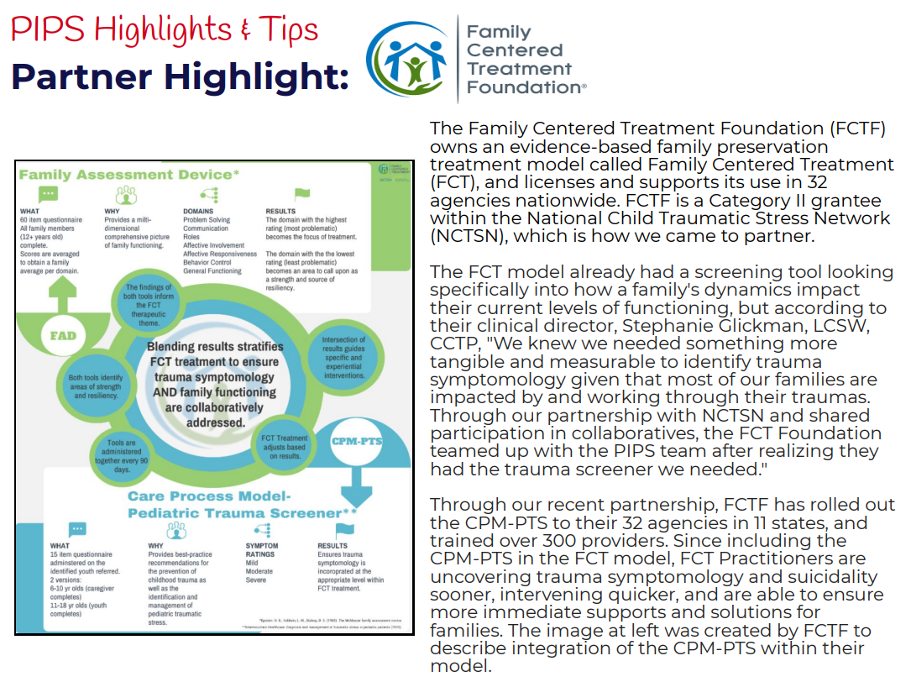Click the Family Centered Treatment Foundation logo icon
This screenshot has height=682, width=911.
(x=406, y=57)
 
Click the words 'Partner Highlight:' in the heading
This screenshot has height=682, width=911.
(x=180, y=77)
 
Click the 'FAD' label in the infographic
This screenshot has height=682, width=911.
(x=63, y=335)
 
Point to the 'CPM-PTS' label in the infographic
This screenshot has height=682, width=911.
(x=353, y=441)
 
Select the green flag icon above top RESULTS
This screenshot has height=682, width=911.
(x=301, y=195)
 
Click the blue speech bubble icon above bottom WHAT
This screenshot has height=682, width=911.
(x=77, y=530)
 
